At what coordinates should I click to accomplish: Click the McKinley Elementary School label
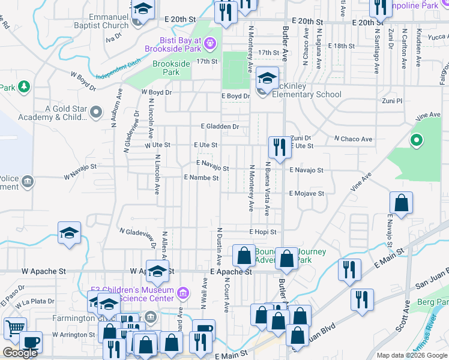point(307,94)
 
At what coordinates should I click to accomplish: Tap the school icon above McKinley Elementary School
point(268,78)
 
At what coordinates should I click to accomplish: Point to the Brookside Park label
point(171,68)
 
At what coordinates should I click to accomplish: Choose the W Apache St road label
point(44,271)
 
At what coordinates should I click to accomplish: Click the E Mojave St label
point(306,194)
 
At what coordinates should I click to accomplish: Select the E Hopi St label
point(263,232)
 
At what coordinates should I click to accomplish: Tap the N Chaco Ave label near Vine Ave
point(353,139)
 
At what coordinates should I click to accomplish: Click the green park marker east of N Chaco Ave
point(415,141)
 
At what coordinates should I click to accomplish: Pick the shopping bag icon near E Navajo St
point(401,203)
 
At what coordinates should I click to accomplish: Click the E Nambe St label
point(200,178)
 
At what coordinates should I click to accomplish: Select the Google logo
point(20,353)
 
